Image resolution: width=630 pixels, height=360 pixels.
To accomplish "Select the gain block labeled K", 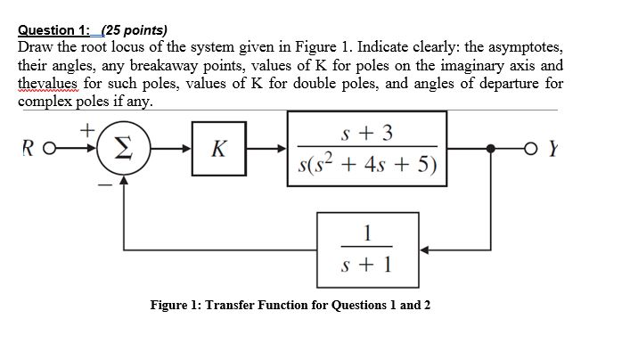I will pos(217,149).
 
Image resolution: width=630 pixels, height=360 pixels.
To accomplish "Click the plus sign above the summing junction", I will pos(89,129).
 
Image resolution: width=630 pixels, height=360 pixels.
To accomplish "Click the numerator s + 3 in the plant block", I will pos(368,133).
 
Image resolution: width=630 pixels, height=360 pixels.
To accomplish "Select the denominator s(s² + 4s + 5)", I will pos(367,166).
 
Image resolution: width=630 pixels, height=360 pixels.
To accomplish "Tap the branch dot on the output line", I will pos(489,148).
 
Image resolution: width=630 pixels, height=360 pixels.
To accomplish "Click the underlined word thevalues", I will pos(48,83).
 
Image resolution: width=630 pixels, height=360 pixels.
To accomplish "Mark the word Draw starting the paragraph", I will pos(37,46).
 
